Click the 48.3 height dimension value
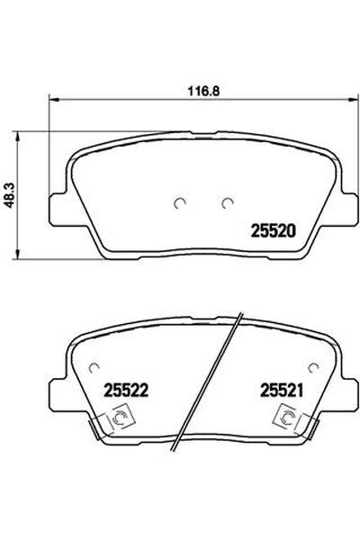coord(10,195)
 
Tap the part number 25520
coord(274,231)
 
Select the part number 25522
coord(126,391)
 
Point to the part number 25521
coord(282,391)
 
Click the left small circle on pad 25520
coord(179,203)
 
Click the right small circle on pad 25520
coord(227,203)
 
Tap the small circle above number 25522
coord(94,368)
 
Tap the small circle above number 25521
coord(313,368)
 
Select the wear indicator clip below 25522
coord(112,423)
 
